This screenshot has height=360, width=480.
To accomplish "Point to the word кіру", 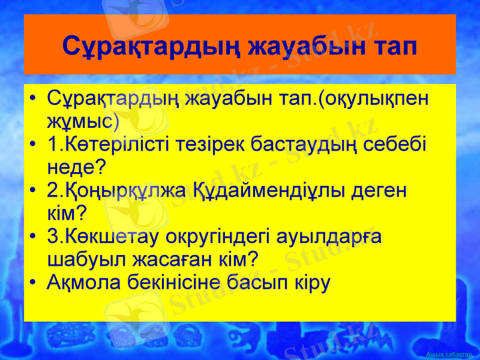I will click(312, 282).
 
